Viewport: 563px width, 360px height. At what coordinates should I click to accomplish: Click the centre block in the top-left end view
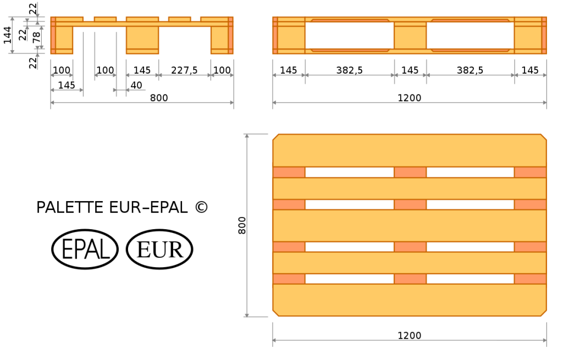(x=142, y=40)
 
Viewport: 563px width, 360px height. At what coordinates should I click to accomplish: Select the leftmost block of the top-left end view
(x=62, y=40)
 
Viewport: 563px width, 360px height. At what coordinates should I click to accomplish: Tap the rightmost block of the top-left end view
(x=222, y=40)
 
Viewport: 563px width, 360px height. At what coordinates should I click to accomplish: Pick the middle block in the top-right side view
(x=410, y=36)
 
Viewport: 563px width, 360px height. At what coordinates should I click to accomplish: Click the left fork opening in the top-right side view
(x=350, y=36)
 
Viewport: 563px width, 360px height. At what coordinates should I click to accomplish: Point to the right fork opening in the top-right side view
(x=471, y=36)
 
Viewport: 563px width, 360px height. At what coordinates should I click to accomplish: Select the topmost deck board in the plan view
(x=410, y=150)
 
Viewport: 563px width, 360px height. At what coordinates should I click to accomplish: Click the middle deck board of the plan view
(x=410, y=225)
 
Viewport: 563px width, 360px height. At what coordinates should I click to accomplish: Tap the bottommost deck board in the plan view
(x=410, y=300)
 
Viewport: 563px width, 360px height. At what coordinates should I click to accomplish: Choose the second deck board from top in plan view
(x=410, y=188)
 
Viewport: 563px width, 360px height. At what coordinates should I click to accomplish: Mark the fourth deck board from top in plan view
(x=410, y=263)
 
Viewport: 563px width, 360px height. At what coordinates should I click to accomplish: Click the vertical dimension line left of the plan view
(x=247, y=225)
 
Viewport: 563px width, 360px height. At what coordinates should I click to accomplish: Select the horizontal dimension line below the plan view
(x=410, y=340)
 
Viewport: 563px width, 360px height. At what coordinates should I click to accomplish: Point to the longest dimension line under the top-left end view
(x=142, y=102)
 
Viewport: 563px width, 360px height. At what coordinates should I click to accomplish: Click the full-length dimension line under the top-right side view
(x=410, y=102)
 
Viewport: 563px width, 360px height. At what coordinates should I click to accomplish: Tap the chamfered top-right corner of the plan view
(x=544, y=137)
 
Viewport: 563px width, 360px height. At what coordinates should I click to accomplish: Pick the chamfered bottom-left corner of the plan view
(x=275, y=313)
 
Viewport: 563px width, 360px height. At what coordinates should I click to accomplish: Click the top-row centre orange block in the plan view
(x=410, y=172)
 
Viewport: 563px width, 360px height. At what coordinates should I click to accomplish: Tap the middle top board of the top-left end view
(x=142, y=19)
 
